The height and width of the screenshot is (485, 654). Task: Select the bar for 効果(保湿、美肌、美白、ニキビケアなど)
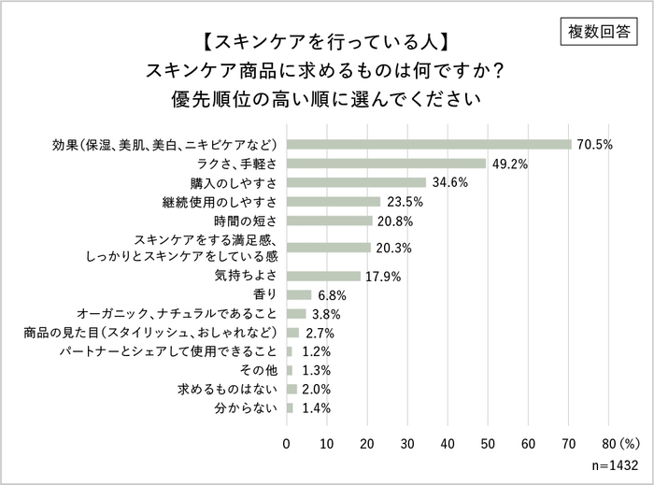pyautogui.click(x=429, y=145)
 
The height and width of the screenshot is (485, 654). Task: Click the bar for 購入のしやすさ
pyautogui.click(x=356, y=182)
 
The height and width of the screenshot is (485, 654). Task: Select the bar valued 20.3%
pyautogui.click(x=328, y=248)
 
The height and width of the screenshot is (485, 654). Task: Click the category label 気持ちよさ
pyautogui.click(x=247, y=277)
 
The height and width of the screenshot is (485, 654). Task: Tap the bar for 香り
pyautogui.click(x=300, y=295)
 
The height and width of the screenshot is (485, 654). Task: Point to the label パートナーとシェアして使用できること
pyautogui.click(x=168, y=351)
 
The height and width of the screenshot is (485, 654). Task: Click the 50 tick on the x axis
pyautogui.click(x=488, y=442)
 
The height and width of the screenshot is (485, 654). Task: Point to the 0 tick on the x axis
pyautogui.click(x=287, y=442)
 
